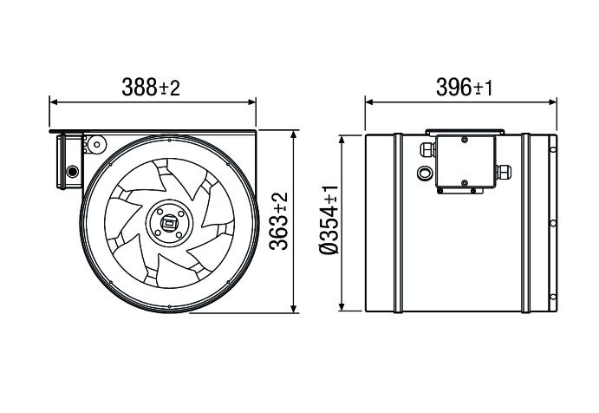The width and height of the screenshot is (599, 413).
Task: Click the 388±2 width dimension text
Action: point(153,87)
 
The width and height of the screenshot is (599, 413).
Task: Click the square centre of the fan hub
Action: point(167,224)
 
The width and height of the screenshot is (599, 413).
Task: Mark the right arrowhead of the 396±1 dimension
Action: point(555,102)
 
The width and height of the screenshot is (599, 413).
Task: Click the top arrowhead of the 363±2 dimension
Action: point(296,136)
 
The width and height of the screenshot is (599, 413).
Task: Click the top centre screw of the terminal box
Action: point(465,139)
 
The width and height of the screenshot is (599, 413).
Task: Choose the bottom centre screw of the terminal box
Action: point(465,183)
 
